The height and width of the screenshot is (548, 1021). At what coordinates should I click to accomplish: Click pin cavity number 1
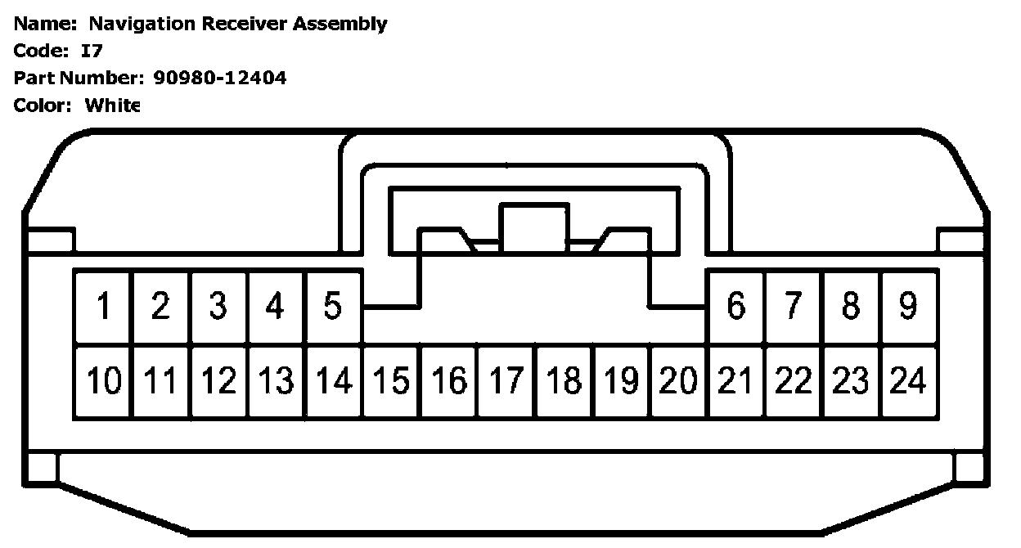103,307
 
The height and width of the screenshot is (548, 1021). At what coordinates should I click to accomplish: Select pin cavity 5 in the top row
332,307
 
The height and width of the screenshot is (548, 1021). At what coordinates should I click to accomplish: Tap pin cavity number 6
736,307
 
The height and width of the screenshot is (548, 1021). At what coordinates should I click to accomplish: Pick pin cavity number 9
908,307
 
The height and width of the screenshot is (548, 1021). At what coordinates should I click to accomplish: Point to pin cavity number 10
103,382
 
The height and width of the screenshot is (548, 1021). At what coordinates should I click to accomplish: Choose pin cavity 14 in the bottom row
333,382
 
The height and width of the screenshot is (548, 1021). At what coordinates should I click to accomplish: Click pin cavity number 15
391,382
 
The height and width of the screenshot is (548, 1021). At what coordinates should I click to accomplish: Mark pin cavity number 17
506,382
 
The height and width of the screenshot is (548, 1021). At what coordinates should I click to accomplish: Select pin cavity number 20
679,382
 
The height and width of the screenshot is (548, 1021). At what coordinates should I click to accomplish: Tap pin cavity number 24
908,382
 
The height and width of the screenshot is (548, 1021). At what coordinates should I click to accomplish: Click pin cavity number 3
218,307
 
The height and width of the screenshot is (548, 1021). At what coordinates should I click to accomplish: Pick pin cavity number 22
794,382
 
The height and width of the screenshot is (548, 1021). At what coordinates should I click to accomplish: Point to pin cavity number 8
851,307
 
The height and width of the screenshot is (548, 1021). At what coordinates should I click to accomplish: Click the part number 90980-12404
220,78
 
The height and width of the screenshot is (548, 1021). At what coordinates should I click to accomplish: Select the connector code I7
91,51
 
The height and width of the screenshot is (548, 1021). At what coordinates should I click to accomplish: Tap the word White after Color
113,105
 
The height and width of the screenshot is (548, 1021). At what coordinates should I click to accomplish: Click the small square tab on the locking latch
534,227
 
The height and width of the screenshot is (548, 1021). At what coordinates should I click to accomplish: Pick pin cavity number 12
218,382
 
